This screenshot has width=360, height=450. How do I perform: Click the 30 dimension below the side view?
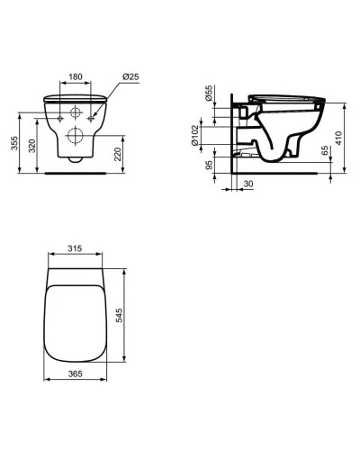point(247,184)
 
